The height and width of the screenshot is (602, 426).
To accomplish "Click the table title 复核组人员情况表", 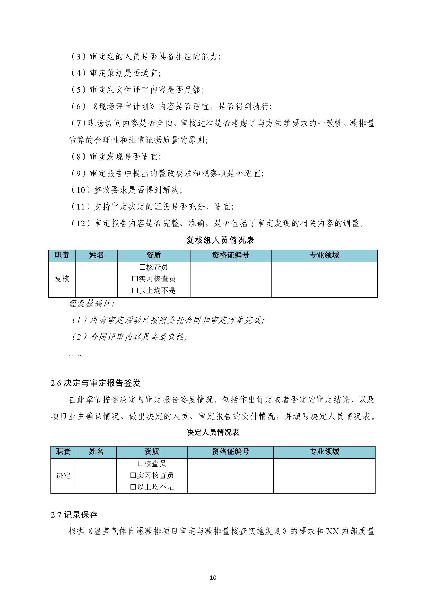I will pyautogui.click(x=220, y=240).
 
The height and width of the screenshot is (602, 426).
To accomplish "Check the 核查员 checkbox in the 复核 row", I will pyautogui.click(x=142, y=267).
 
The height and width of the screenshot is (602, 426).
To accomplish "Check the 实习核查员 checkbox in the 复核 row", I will pyautogui.click(x=135, y=278).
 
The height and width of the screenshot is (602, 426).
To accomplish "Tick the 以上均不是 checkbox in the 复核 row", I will pyautogui.click(x=135, y=290).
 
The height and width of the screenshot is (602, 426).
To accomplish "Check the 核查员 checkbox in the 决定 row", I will pyautogui.click(x=141, y=464).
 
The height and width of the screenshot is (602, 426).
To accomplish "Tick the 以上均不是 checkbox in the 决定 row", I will pyautogui.click(x=133, y=487).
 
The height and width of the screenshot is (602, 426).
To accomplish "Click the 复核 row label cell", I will pyautogui.click(x=62, y=279).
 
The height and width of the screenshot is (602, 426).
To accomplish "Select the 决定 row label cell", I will pyautogui.click(x=63, y=475).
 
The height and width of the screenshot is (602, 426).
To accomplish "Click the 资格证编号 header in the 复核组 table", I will pyautogui.click(x=230, y=255).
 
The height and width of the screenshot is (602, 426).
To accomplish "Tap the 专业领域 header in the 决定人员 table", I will pyautogui.click(x=324, y=451).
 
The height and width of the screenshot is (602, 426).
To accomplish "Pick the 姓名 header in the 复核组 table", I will pyautogui.click(x=96, y=255).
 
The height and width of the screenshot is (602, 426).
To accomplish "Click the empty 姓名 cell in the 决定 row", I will pyautogui.click(x=96, y=475).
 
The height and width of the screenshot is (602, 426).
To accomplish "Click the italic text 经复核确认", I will pyautogui.click(x=91, y=303).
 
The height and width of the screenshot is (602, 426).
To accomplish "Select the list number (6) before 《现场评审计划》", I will pyautogui.click(x=79, y=106).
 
